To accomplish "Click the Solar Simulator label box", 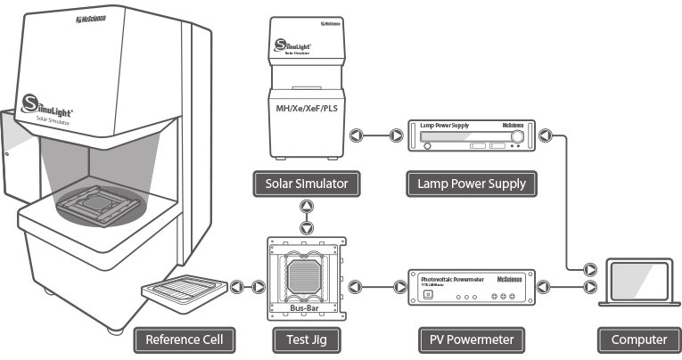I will pyautogui.click(x=306, y=185).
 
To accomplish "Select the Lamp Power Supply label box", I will pyautogui.click(x=472, y=185).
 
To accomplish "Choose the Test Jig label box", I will pyautogui.click(x=306, y=339).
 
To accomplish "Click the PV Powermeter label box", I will pyautogui.click(x=472, y=339).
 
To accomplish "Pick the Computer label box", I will pyautogui.click(x=639, y=339).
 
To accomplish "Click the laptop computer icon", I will pyautogui.click(x=639, y=283).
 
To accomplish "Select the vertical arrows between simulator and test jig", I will pyautogui.click(x=306, y=217).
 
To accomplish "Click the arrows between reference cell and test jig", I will pyautogui.click(x=247, y=288).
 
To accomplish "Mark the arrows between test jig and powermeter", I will pyautogui.click(x=374, y=288).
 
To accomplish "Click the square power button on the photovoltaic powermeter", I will pyautogui.click(x=426, y=297).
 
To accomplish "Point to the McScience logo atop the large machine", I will pyautogui.click(x=91, y=17).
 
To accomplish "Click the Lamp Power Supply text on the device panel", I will pyautogui.click(x=446, y=127).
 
